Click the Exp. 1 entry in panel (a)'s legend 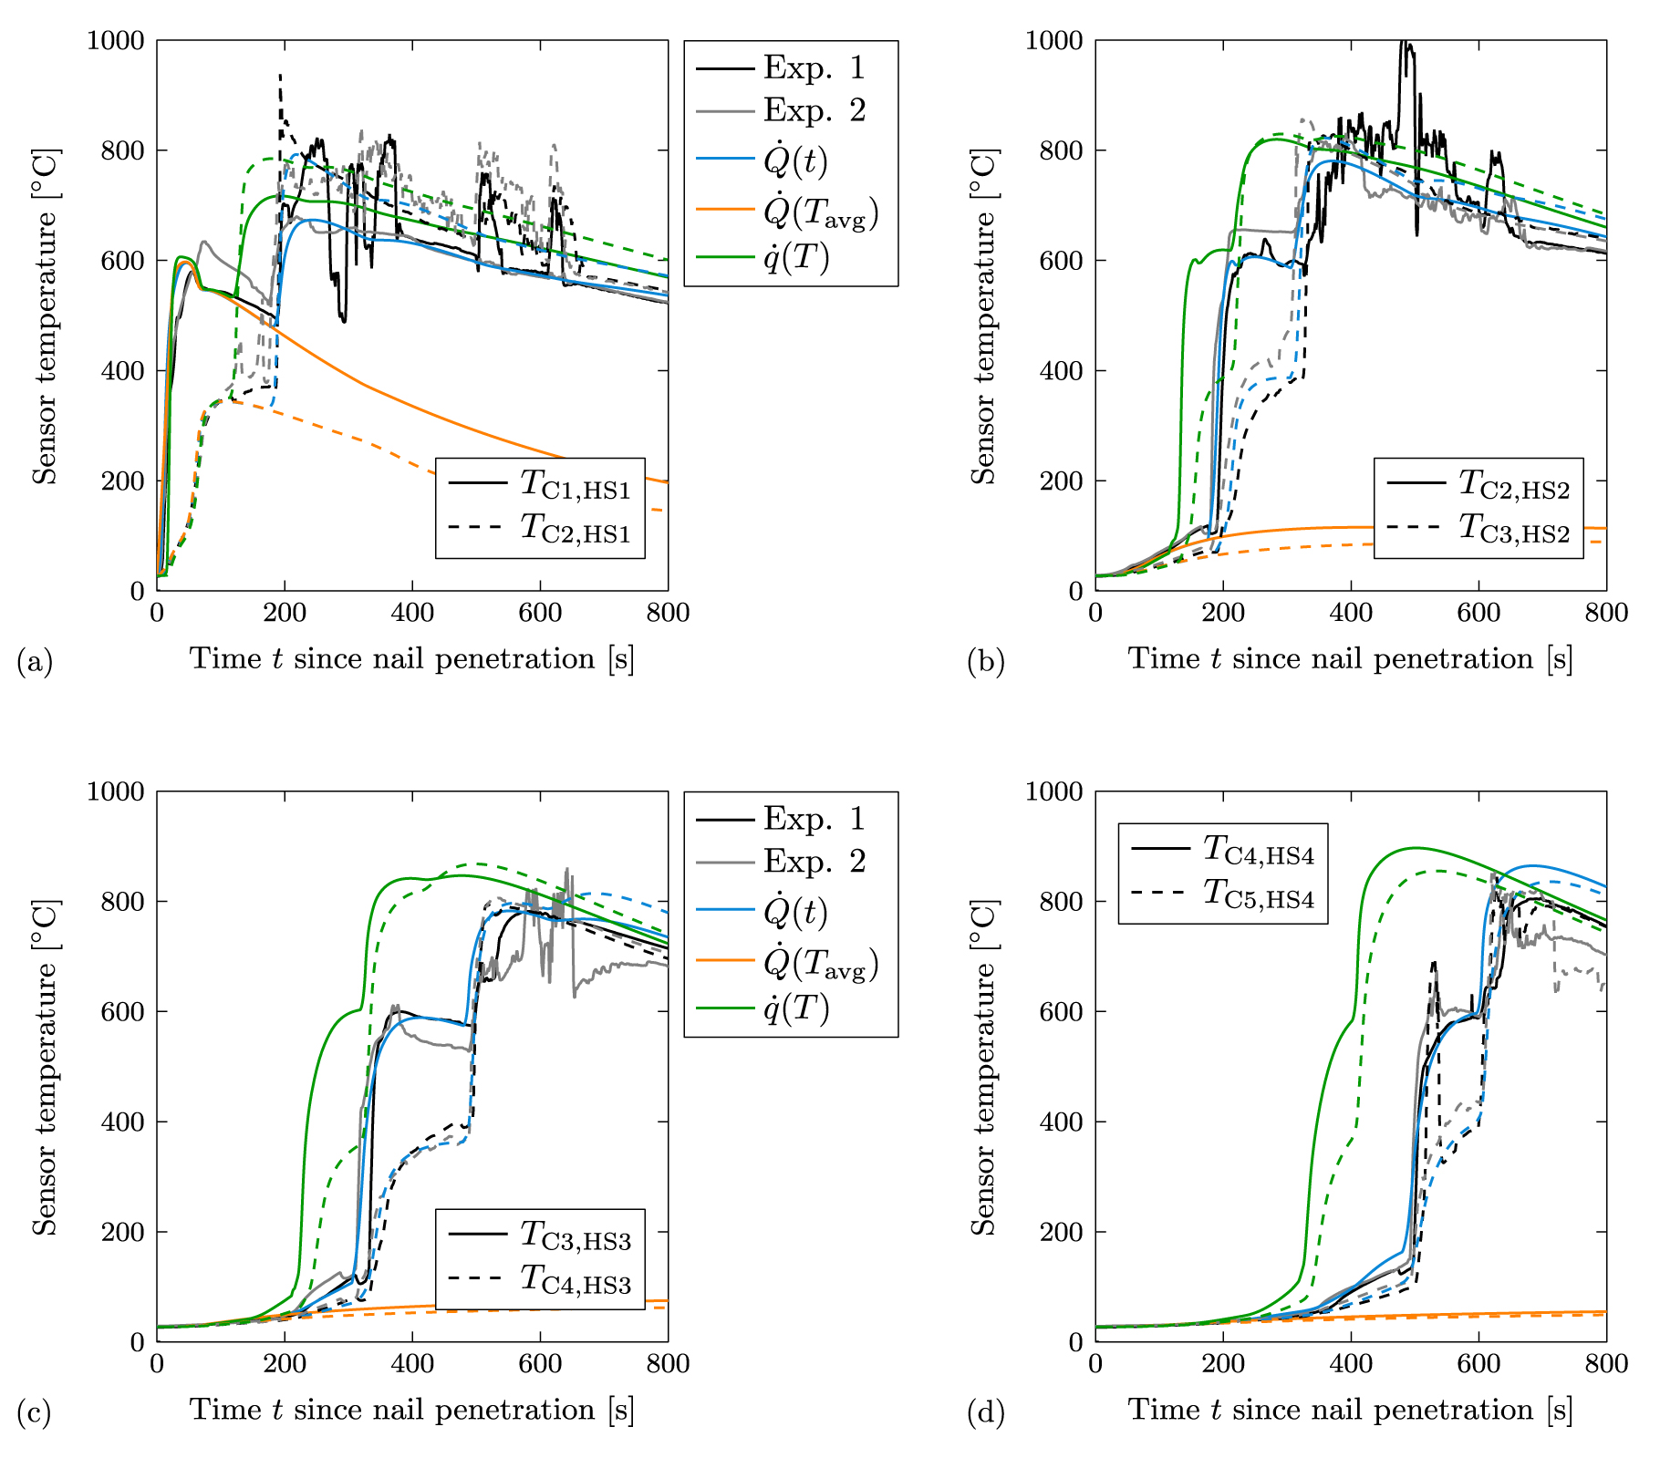(814, 68)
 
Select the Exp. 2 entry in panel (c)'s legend (814, 862)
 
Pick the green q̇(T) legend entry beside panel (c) (796, 1009)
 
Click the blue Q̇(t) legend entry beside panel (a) (795, 162)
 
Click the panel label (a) (35, 661)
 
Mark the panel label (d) (986, 1412)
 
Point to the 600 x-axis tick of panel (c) (540, 1364)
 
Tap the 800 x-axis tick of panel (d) (1605, 1364)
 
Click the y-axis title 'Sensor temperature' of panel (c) (44, 1067)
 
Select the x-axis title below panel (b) (1350, 658)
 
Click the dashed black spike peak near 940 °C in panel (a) (280, 75)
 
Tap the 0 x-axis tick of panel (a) (157, 613)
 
